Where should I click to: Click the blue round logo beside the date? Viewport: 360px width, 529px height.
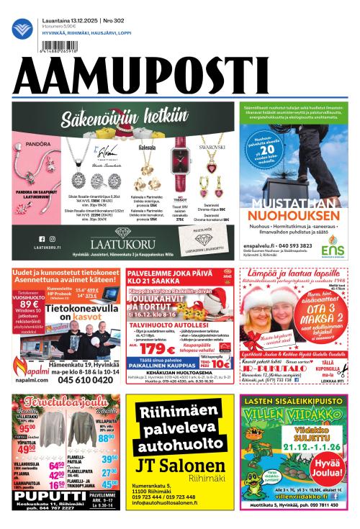pos(22,28)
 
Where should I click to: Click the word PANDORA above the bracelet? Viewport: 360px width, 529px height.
pos(38,144)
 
